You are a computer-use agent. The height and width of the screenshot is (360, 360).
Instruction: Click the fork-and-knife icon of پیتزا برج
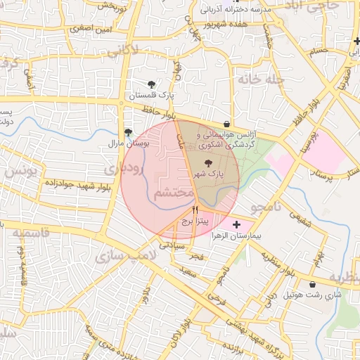(x=195, y=210)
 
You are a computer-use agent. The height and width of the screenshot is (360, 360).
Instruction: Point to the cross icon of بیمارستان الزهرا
(x=236, y=224)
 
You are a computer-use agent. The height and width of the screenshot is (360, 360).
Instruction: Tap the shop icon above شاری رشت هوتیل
(x=313, y=285)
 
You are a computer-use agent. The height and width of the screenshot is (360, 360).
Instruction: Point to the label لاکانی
(x=145, y=50)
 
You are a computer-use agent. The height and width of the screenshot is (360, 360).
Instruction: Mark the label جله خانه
(x=264, y=79)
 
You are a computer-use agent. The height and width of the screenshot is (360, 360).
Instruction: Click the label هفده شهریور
(x=233, y=24)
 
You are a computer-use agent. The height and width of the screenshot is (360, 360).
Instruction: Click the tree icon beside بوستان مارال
(x=128, y=131)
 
